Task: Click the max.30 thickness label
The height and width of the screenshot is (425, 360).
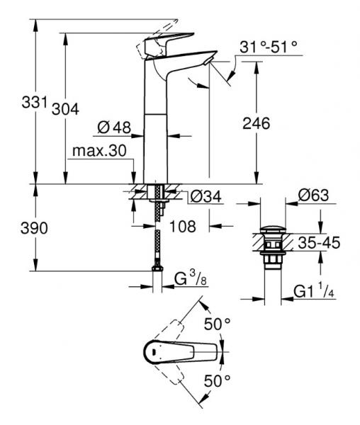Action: click(x=96, y=152)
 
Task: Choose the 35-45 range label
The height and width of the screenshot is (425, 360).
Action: click(x=319, y=243)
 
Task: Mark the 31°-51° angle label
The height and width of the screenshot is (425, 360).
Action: click(x=269, y=47)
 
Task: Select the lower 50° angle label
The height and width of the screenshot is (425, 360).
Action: click(x=218, y=381)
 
